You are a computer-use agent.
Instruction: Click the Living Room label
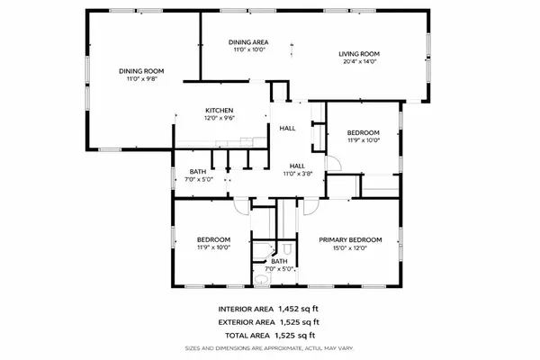(x=361, y=54)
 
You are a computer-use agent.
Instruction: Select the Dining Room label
(x=139, y=71)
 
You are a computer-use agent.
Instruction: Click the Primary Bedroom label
(x=351, y=239)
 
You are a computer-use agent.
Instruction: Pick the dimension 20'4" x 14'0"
(x=361, y=63)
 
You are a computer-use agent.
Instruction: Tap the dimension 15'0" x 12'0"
(x=351, y=247)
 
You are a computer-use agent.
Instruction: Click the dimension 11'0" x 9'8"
(x=139, y=79)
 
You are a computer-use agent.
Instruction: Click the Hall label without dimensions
(x=287, y=129)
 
